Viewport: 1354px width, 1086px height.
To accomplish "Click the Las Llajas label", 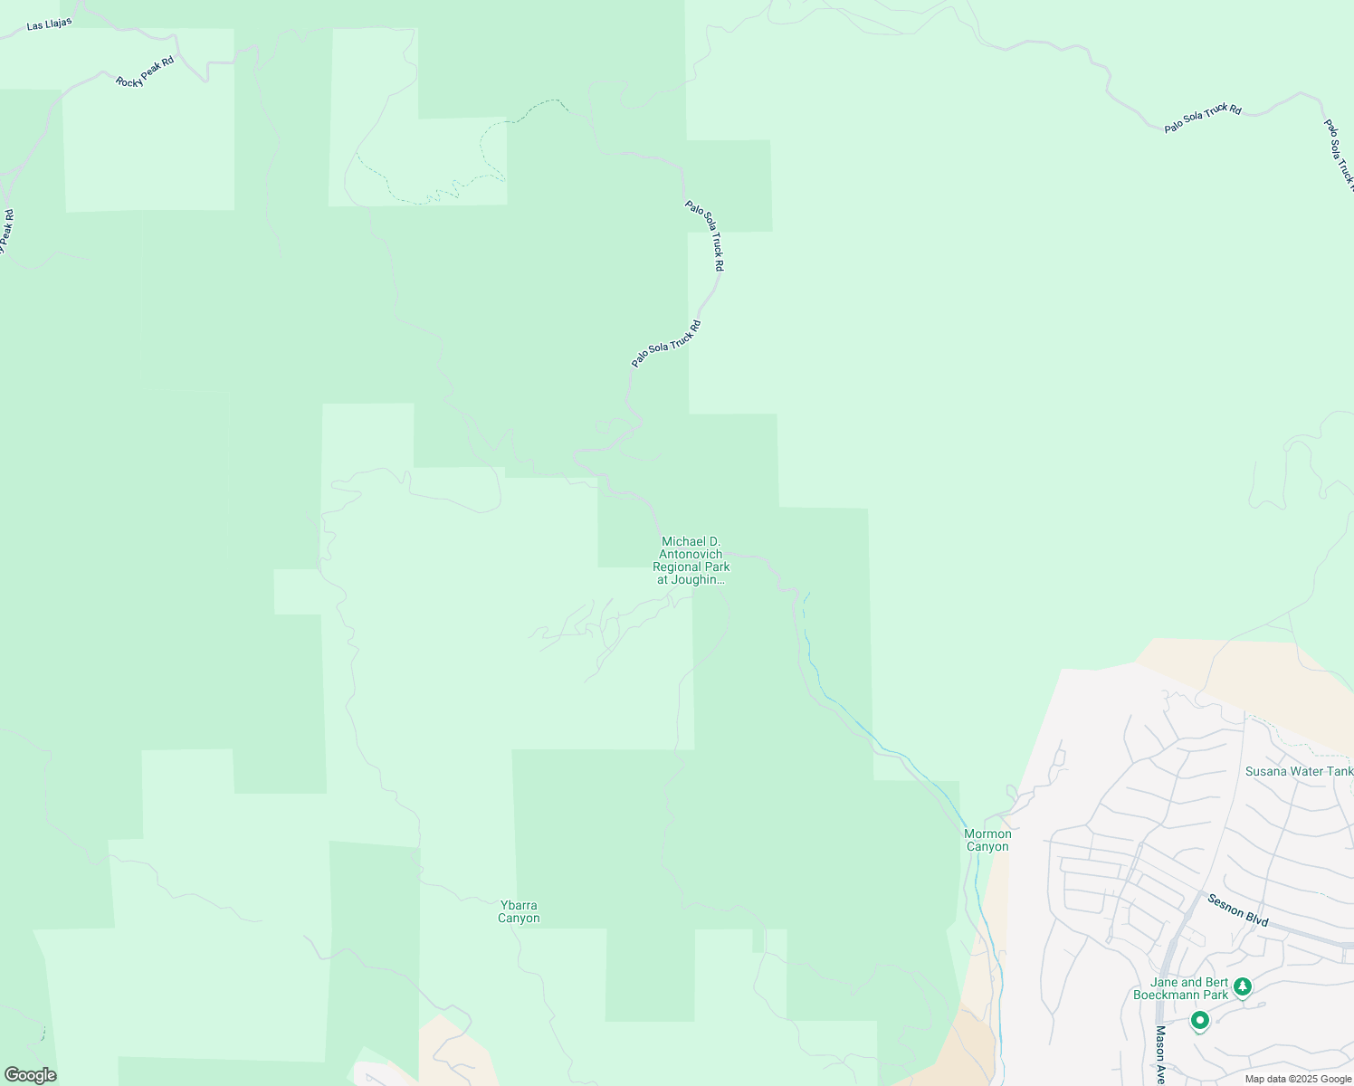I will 49,23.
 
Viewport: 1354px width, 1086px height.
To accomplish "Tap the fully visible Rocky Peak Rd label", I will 145,71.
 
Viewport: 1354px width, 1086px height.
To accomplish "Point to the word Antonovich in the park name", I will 691,554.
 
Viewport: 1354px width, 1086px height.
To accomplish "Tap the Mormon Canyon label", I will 987,840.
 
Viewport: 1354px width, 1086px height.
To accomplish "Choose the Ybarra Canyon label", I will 519,911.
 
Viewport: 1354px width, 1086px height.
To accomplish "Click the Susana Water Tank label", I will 1299,771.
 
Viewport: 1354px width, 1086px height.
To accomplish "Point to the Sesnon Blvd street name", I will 1238,909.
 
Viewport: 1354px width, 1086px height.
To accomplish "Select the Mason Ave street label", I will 1160,1054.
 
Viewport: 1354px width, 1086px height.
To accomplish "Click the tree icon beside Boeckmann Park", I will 1243,986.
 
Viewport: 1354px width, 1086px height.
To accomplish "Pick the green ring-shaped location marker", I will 1200,1021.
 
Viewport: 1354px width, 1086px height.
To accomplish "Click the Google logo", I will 30,1075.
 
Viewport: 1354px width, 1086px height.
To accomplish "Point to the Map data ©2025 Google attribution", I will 1298,1079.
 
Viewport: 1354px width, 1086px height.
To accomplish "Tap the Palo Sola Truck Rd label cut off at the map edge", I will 1340,154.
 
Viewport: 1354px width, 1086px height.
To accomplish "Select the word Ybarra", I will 519,905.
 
